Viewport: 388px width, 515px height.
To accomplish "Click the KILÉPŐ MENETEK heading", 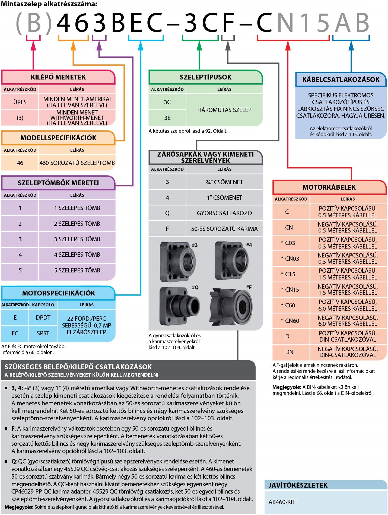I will pyautogui.click(x=58, y=77).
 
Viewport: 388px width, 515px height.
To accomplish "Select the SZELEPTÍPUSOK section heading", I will pyautogui.click(x=205, y=77).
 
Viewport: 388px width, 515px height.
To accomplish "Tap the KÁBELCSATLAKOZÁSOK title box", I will pyautogui.click(x=341, y=80).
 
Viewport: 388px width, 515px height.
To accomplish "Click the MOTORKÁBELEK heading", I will pyautogui.click(x=329, y=187).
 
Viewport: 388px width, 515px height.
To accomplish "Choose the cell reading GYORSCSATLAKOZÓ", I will pyautogui.click(x=224, y=213).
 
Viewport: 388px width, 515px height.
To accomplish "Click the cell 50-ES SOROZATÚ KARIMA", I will pyautogui.click(x=224, y=229).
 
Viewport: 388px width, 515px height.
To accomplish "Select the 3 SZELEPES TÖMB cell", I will pyautogui.click(x=77, y=239).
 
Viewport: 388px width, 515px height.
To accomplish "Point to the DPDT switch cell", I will pyautogui.click(x=43, y=317).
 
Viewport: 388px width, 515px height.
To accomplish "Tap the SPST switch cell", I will pyautogui.click(x=43, y=333).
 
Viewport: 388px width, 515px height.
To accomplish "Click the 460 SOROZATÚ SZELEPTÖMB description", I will pyautogui.click(x=77, y=163).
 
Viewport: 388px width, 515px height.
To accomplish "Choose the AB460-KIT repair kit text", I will pyautogui.click(x=282, y=502).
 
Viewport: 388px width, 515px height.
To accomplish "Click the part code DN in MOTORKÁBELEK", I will pyautogui.click(x=289, y=352).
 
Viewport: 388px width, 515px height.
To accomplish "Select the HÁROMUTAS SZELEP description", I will pyautogui.click(x=224, y=110).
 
